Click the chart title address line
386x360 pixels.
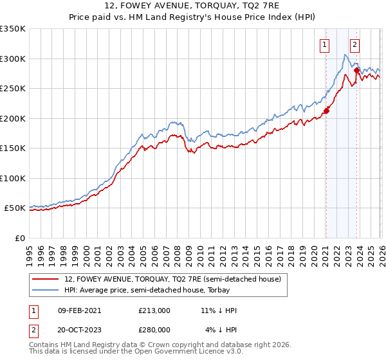click(193, 8)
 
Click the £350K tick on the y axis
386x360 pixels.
click(13, 29)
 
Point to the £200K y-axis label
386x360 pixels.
click(13, 118)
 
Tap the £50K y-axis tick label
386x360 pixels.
click(15, 208)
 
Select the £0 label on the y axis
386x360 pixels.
click(19, 238)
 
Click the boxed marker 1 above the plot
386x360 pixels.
click(324, 45)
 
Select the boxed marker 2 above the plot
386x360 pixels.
click(354, 45)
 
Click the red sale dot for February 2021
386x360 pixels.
click(326, 111)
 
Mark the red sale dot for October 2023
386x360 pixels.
click(356, 71)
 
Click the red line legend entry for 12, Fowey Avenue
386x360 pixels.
click(172, 280)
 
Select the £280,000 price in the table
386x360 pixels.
click(154, 329)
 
